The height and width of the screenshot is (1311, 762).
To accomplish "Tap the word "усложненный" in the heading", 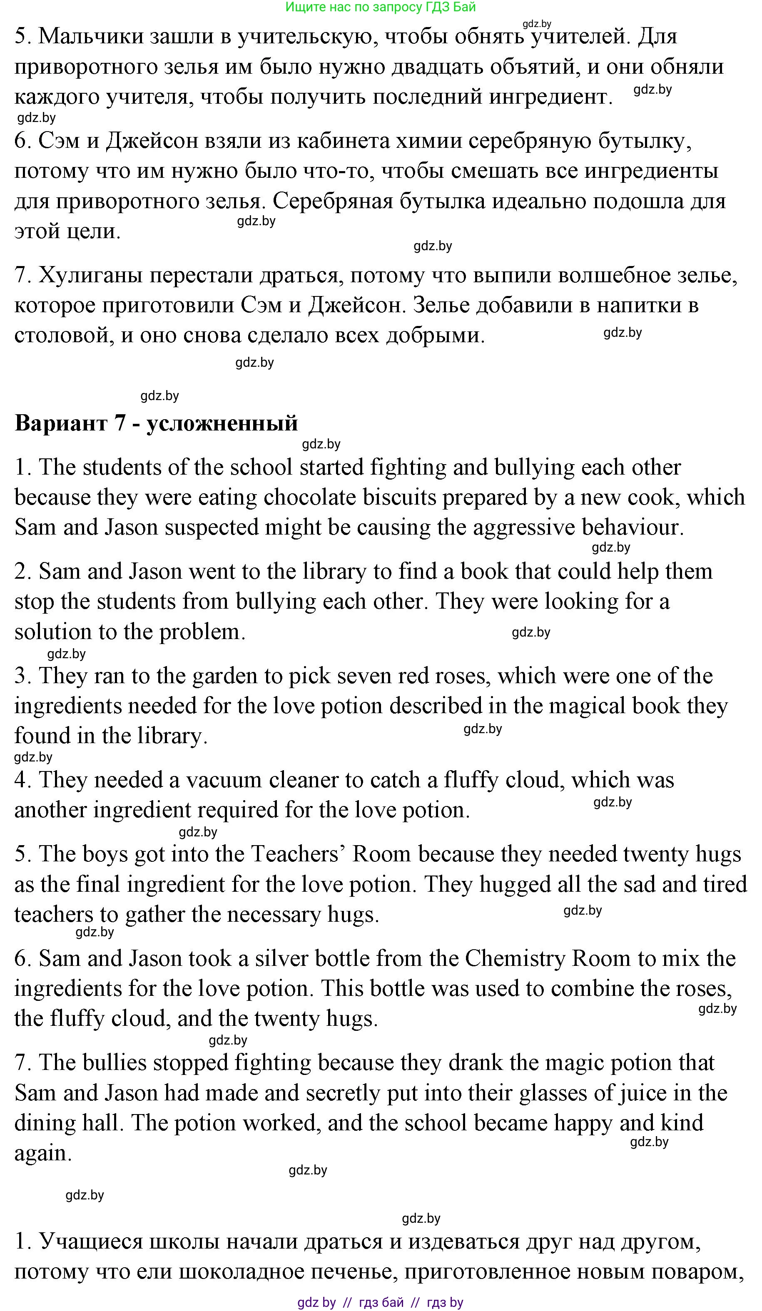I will click(222, 423).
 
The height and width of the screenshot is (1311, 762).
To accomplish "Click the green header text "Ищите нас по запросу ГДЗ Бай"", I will click(381, 7).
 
